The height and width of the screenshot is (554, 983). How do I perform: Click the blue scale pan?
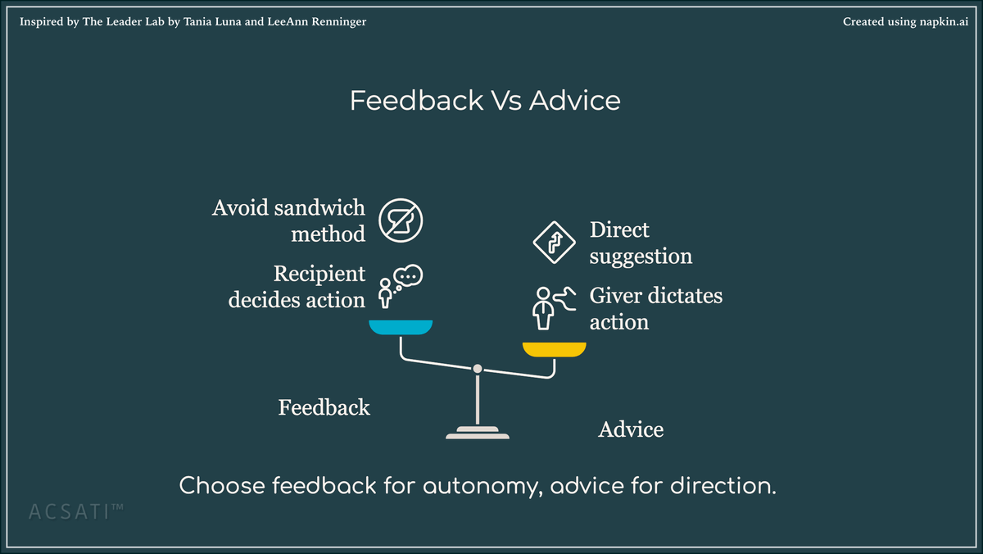coord(400,327)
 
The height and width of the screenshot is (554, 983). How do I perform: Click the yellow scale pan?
coord(555,349)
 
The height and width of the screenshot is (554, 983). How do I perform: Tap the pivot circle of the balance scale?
coord(478,369)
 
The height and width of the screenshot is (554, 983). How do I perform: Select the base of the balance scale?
coord(478,433)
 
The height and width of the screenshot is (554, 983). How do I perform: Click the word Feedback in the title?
coord(416,101)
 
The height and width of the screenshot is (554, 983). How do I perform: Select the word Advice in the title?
coord(575,101)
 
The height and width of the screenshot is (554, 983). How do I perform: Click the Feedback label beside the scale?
coord(324,407)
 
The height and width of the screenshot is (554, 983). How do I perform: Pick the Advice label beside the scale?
coord(631,429)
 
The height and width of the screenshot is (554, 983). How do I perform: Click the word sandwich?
coord(320,207)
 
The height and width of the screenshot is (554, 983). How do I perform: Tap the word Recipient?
coord(319,273)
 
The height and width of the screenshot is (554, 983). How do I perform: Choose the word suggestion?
coord(641,257)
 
